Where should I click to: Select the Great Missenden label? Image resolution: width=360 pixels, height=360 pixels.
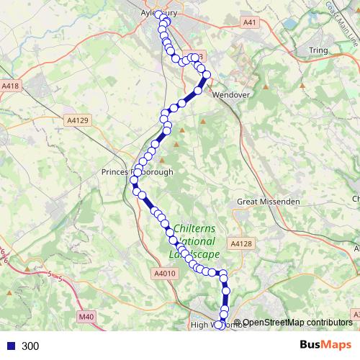point(269,202)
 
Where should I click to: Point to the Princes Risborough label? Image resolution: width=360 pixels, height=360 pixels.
point(138,172)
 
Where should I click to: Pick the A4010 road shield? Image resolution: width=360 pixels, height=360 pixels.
point(164,274)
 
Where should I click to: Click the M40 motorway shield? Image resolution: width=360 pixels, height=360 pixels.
point(86,316)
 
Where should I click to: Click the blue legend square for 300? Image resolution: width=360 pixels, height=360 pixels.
point(10,346)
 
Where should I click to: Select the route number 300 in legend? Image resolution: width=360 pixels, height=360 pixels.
point(30,346)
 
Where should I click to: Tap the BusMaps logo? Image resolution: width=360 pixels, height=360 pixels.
point(325,345)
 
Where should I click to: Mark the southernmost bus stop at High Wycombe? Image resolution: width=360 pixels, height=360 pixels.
point(220,325)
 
